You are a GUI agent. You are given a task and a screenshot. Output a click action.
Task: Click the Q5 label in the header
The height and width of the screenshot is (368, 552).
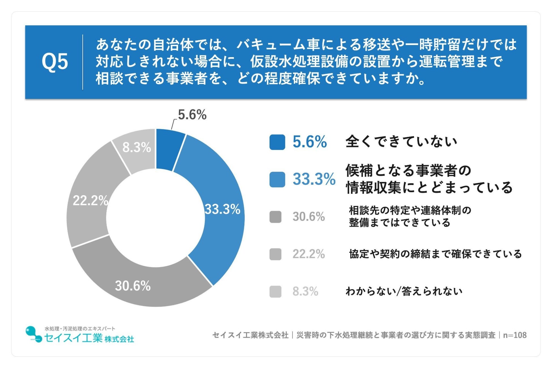[x=55, y=62]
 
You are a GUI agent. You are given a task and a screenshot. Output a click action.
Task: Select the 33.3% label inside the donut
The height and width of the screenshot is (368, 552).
[x=222, y=209]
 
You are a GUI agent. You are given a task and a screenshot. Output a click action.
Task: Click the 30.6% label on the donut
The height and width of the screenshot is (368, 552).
[x=132, y=286]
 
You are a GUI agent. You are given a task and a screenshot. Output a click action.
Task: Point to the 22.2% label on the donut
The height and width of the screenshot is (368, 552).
[x=91, y=200]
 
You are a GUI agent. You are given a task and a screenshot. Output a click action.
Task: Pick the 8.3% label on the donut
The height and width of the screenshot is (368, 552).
[x=136, y=147]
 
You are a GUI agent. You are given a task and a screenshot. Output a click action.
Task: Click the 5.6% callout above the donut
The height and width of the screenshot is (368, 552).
[x=192, y=115]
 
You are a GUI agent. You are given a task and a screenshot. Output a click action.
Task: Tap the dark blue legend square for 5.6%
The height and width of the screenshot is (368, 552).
[x=277, y=142]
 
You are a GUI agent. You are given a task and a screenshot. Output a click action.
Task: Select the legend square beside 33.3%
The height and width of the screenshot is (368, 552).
[x=277, y=179]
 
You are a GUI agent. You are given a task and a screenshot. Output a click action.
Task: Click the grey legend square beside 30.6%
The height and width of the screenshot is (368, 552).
[x=275, y=217]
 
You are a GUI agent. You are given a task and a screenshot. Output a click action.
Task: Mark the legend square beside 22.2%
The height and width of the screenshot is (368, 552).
[x=275, y=254]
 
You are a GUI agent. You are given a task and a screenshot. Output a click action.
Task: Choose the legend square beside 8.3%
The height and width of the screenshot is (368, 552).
[x=275, y=292]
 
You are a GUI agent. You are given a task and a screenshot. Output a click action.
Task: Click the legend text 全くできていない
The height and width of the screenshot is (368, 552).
[x=401, y=142]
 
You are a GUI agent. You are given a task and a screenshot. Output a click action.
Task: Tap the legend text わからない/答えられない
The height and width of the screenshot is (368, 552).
[x=404, y=291]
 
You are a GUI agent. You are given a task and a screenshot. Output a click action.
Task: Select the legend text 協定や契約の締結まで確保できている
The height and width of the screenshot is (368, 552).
[x=435, y=254]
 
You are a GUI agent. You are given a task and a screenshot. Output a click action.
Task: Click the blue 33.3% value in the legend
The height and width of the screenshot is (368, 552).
[x=314, y=179]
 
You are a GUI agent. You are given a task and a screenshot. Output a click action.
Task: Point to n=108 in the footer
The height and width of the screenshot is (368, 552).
[x=515, y=335]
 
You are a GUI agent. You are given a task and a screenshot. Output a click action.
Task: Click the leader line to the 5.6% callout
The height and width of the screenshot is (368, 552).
[x=173, y=124]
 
